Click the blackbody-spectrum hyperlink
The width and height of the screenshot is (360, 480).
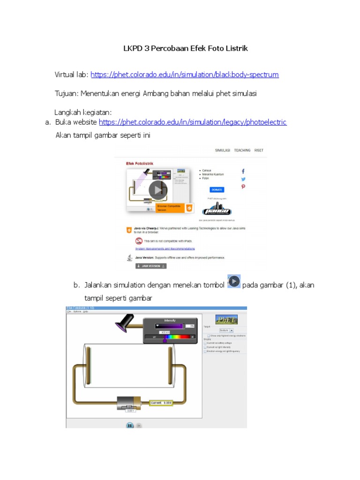pyautogui.click(x=185, y=75)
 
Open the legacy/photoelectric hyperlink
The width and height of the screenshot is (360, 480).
pyautogui.click(x=193, y=122)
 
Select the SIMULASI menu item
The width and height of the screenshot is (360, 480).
pyautogui.click(x=222, y=150)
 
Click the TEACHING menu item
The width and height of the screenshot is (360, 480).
pyautogui.click(x=242, y=150)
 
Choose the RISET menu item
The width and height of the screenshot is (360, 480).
pyautogui.click(x=259, y=150)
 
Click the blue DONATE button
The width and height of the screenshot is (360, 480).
pyautogui.click(x=217, y=190)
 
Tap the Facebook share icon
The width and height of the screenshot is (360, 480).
pyautogui.click(x=243, y=172)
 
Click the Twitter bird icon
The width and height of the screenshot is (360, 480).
pyautogui.click(x=243, y=179)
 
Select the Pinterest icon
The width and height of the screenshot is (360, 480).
pyautogui.click(x=243, y=187)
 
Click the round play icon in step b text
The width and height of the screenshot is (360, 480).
pyautogui.click(x=234, y=281)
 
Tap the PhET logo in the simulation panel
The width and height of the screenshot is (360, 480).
pyautogui.click(x=226, y=319)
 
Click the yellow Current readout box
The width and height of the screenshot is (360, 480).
pyautogui.click(x=161, y=403)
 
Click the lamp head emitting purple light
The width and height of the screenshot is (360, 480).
pyautogui.click(x=125, y=322)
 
